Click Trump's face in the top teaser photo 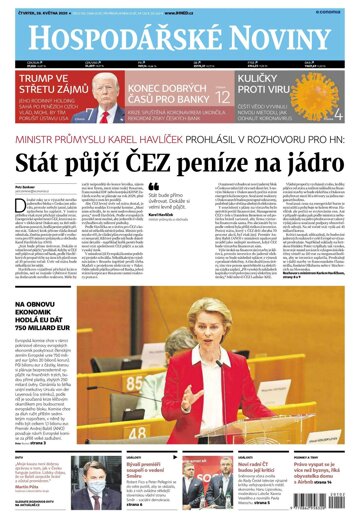tap(101, 94)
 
